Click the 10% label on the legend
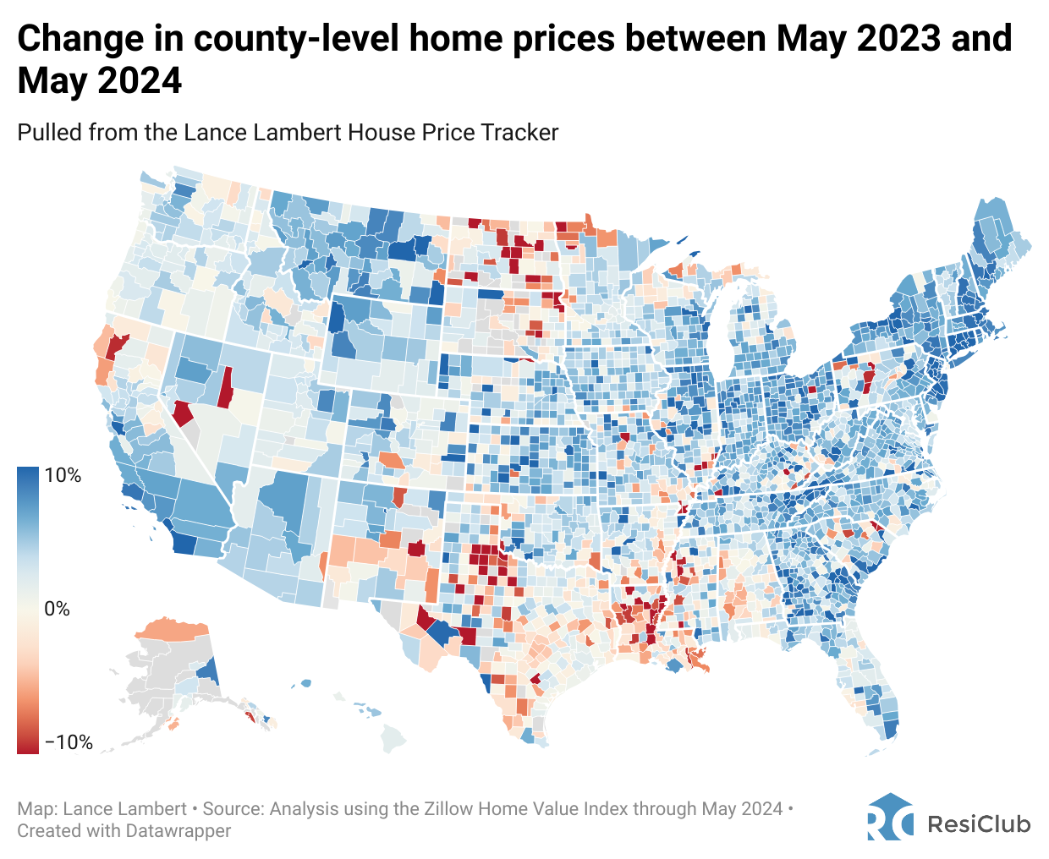(x=63, y=475)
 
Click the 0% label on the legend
(x=57, y=609)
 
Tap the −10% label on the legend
(x=68, y=742)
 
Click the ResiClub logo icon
(x=890, y=817)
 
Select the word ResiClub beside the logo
(x=979, y=823)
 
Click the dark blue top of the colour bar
(x=28, y=473)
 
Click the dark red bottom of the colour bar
(x=28, y=747)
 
